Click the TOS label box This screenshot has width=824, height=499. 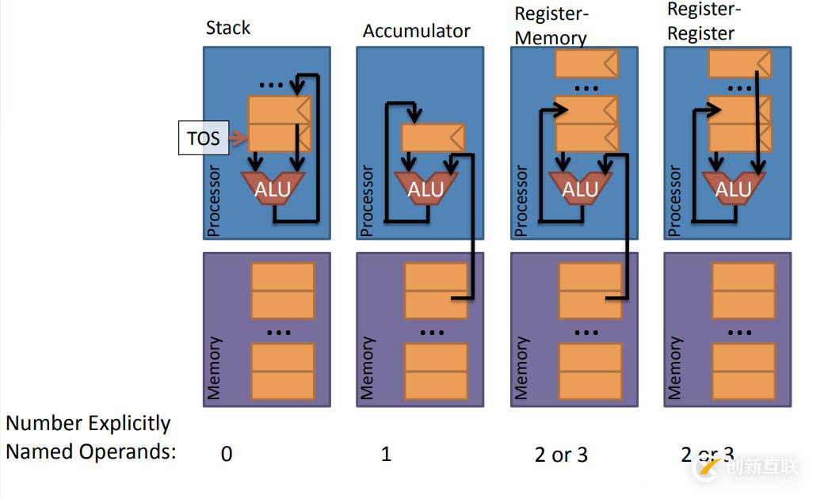pyautogui.click(x=203, y=139)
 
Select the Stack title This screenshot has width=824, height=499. pyautogui.click(x=227, y=29)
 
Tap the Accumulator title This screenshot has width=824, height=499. pyautogui.click(x=416, y=32)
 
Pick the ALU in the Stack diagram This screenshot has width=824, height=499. pyautogui.click(x=272, y=189)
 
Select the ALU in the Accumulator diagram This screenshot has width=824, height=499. pyautogui.click(x=425, y=189)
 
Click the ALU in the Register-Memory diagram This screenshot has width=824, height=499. pyautogui.click(x=579, y=189)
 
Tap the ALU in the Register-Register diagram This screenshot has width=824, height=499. pyautogui.click(x=733, y=189)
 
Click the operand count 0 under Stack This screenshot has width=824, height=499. pyautogui.click(x=227, y=455)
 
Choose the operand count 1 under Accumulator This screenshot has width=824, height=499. pyautogui.click(x=386, y=455)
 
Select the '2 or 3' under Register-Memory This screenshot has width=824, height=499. pyautogui.click(x=561, y=455)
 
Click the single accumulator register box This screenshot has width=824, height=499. pyautogui.click(x=433, y=138)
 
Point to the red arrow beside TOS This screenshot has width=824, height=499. pyautogui.click(x=238, y=139)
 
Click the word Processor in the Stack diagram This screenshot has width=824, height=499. pyautogui.click(x=213, y=201)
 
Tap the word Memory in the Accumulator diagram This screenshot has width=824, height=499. pyautogui.click(x=367, y=368)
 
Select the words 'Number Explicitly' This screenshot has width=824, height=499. pyautogui.click(x=88, y=424)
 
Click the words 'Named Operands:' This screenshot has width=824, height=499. pyautogui.click(x=90, y=452)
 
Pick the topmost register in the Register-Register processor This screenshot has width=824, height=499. pyautogui.click(x=738, y=63)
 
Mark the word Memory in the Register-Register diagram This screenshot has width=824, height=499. pyautogui.click(x=674, y=368)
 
